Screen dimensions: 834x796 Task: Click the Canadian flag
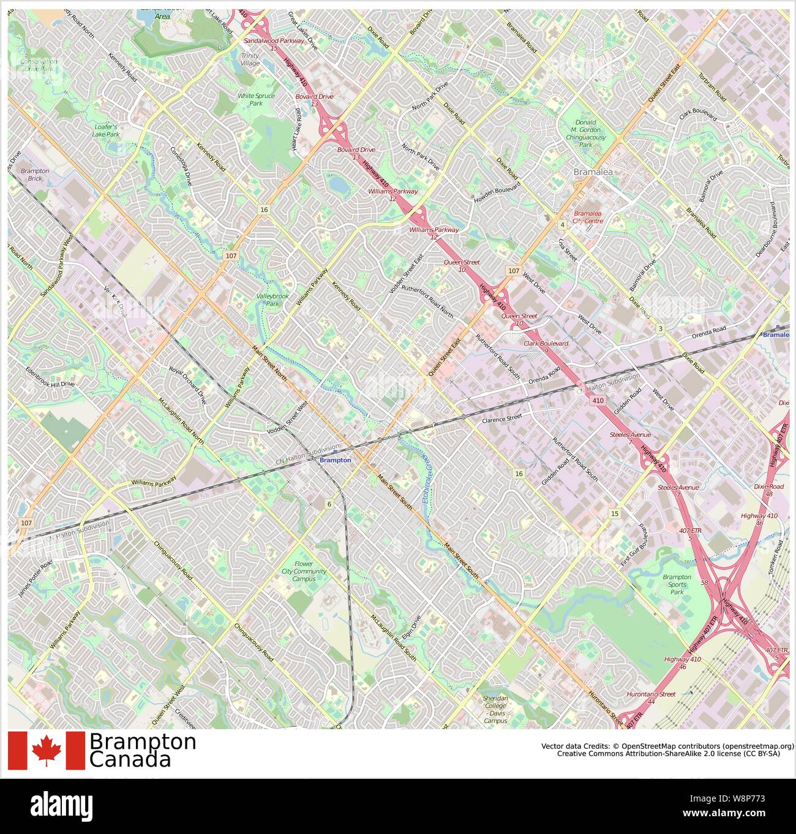click(47, 750)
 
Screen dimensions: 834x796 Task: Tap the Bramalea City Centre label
click(588, 217)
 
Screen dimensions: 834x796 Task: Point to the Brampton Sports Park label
click(677, 585)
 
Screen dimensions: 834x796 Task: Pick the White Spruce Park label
click(256, 100)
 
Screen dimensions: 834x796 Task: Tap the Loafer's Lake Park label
click(105, 131)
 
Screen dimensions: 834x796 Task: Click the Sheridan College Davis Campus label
click(495, 710)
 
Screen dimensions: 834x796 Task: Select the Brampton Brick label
click(34, 175)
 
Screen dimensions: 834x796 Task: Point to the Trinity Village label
click(250, 59)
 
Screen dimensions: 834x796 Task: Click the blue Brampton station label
click(336, 460)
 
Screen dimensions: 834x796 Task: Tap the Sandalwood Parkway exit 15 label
click(274, 44)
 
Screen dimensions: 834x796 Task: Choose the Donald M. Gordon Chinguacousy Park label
click(585, 134)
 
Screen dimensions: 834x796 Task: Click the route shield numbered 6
click(329, 504)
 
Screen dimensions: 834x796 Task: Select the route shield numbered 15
click(614, 513)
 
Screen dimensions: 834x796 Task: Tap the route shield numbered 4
click(562, 225)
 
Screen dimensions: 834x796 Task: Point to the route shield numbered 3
click(660, 329)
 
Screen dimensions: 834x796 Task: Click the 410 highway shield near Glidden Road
click(598, 400)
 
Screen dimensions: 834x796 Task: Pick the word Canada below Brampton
click(130, 760)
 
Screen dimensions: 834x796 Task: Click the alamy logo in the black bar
click(62, 805)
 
